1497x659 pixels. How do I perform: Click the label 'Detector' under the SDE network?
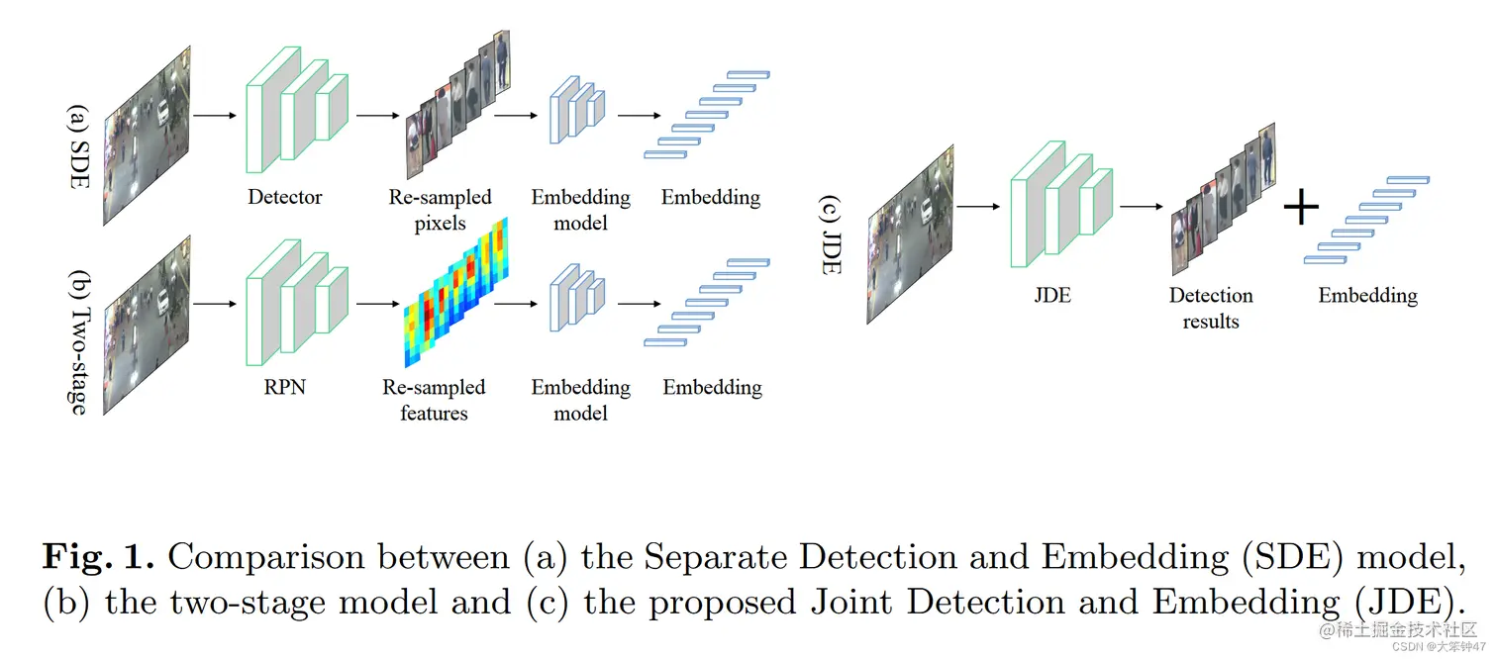click(284, 197)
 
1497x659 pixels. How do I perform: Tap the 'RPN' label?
click(284, 387)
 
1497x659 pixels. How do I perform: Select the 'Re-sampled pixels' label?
click(440, 210)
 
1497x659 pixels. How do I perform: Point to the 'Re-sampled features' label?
click(434, 400)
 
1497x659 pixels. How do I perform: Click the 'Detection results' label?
click(1210, 308)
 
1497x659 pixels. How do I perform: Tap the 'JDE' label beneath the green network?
click(1051, 295)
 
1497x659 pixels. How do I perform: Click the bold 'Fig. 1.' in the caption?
click(97, 557)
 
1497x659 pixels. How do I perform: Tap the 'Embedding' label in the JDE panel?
click(1367, 295)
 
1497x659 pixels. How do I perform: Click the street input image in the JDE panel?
click(909, 235)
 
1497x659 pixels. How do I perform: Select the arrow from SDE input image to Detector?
click(215, 116)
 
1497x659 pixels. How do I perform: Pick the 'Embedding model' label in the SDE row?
click(580, 210)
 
